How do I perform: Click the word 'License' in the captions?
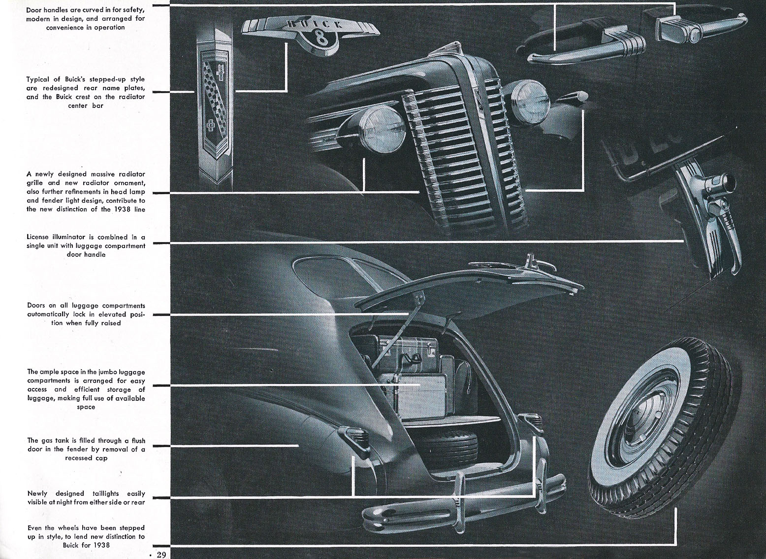38,237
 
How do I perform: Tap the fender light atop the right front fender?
574,96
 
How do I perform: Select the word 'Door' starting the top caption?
33,10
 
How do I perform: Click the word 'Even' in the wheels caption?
35,528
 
